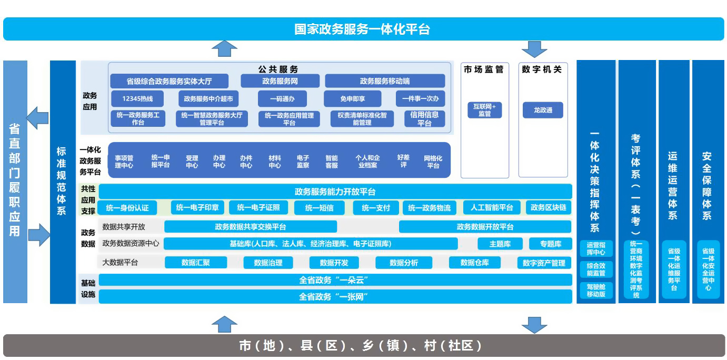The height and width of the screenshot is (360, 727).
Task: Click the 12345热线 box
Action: tap(137, 98)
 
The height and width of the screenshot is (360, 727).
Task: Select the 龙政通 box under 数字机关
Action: tap(543, 110)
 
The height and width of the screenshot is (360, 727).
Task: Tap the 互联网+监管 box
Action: tap(484, 109)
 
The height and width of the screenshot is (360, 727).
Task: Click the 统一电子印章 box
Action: tap(197, 207)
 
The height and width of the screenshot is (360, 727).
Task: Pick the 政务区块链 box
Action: tap(549, 207)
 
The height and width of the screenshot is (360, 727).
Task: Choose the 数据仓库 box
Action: tap(474, 263)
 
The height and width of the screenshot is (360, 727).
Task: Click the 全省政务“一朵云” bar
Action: tap(335, 280)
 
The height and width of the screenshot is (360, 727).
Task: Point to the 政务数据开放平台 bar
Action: tap(485, 227)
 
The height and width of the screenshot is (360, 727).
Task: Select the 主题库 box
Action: tap(500, 244)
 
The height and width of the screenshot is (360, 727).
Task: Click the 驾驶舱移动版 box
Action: tap(596, 291)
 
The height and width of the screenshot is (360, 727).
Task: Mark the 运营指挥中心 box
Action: tap(596, 248)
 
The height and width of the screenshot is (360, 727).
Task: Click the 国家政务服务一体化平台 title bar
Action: tap(363, 29)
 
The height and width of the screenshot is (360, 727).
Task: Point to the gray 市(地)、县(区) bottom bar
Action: tap(363, 346)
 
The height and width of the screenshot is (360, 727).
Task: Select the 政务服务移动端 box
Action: tap(385, 81)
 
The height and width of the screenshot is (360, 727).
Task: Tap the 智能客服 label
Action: tap(331, 161)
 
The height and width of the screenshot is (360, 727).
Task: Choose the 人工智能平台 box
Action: tap(492, 207)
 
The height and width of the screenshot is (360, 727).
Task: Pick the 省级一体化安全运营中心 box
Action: tap(708, 269)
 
